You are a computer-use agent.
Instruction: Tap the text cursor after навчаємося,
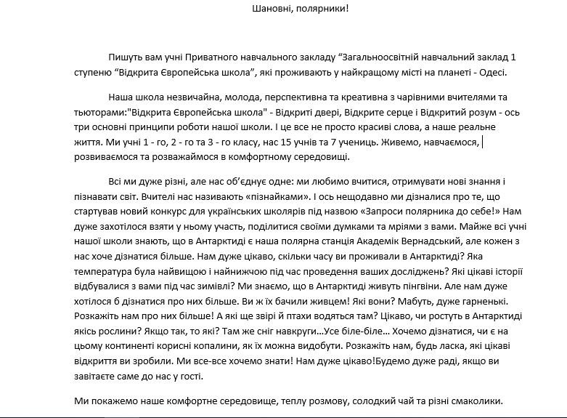[483, 142]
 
